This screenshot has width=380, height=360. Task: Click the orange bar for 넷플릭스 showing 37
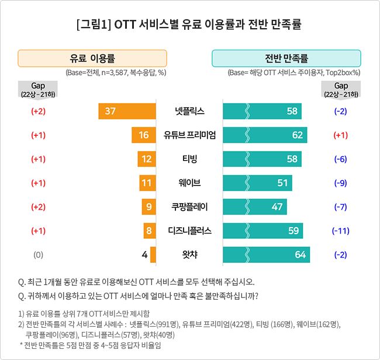[x=127, y=111]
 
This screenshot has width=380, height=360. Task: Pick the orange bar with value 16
[x=144, y=135]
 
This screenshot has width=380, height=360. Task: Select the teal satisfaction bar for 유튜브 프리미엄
[x=265, y=135]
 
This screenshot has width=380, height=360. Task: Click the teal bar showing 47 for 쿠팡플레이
[x=255, y=207]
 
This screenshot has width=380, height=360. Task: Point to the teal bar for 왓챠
[x=267, y=255]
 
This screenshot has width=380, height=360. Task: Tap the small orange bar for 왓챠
[x=153, y=255]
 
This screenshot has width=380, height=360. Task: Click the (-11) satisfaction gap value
[x=340, y=231]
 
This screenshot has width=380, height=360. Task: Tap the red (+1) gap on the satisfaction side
[x=340, y=135]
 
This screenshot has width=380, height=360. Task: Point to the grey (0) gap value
[x=39, y=255]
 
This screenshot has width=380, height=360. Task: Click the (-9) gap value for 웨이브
[x=340, y=183]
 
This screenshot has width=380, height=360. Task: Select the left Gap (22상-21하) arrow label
[x=39, y=90]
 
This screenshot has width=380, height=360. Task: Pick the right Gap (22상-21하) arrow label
[x=341, y=90]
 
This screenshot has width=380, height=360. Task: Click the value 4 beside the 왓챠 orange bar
[x=144, y=255]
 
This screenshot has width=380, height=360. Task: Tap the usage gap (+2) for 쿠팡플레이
[x=39, y=207]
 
